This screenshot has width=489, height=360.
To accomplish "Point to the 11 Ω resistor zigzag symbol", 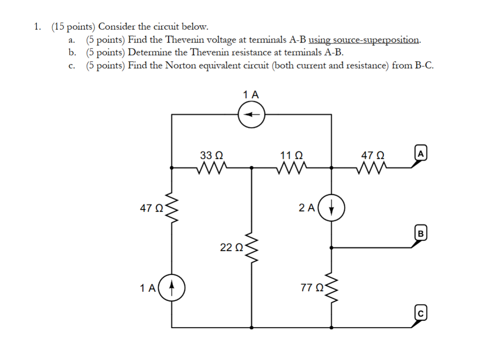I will click(292, 167).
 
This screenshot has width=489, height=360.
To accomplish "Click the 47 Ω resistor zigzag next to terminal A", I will click(371, 167).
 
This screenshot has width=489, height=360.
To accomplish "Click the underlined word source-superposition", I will click(364, 40).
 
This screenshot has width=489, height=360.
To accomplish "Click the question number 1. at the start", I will click(37, 27).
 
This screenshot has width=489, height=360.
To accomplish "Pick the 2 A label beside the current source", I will click(307, 208).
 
